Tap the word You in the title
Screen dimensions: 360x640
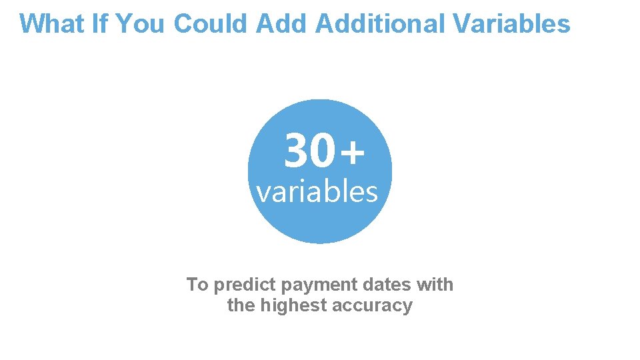[x=139, y=23]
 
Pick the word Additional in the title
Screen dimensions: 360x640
[x=379, y=23]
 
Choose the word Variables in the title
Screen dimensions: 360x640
[x=511, y=23]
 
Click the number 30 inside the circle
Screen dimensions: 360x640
[x=308, y=151]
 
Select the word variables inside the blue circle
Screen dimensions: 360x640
[x=317, y=192]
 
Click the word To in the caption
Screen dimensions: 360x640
[x=197, y=285]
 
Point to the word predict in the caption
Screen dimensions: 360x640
[x=245, y=285]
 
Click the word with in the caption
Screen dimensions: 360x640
[x=435, y=285]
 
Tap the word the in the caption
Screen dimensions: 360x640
[x=240, y=305]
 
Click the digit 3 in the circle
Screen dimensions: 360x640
[x=296, y=151]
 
